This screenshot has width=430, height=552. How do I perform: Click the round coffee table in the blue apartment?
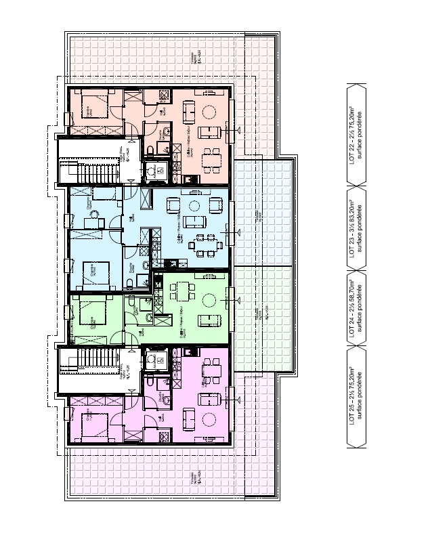pyautogui.click(x=195, y=206)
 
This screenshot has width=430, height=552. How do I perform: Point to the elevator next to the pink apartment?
pyautogui.click(x=155, y=360)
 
